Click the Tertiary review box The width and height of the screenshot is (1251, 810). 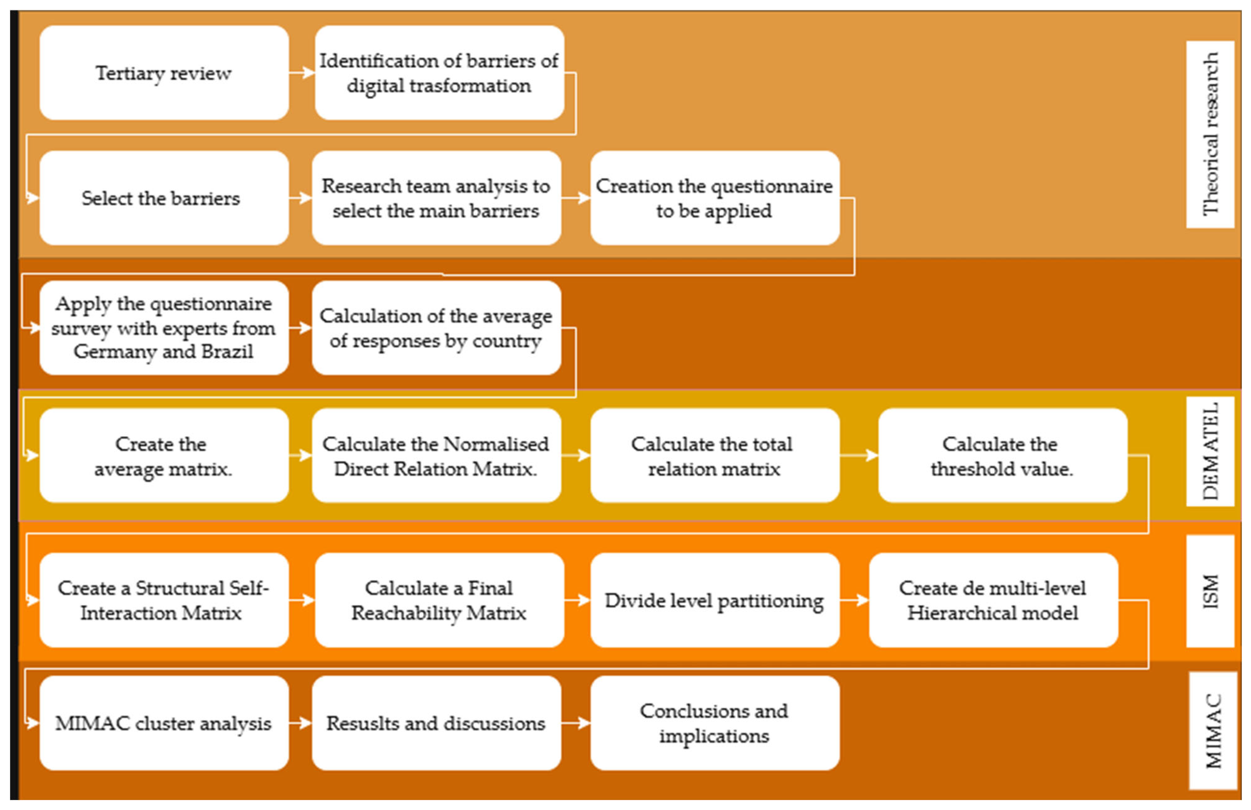tap(163, 73)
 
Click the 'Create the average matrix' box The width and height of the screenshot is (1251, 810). tap(163, 455)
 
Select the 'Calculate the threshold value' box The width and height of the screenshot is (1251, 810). tap(1002, 455)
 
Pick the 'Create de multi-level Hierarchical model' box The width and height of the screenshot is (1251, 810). tap(993, 600)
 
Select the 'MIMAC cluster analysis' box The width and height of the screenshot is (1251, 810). tap(163, 723)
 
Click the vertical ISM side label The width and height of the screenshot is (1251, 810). tap(1210, 591)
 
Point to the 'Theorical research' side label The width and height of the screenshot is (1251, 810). tap(1210, 134)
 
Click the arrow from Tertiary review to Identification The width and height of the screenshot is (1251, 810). tap(302, 73)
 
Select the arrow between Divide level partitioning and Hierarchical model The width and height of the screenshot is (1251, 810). tap(854, 600)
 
